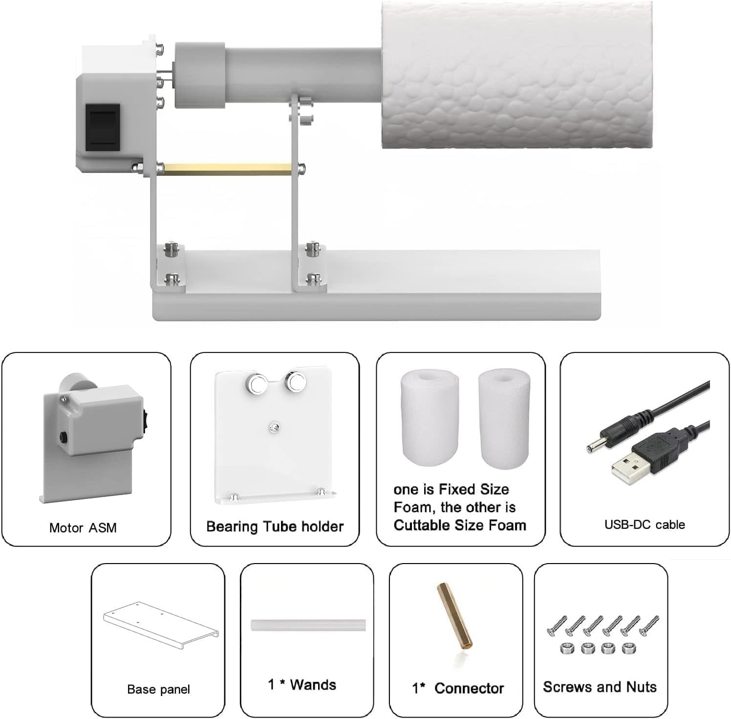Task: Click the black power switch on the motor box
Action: tap(103, 127)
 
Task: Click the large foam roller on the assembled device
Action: tap(516, 74)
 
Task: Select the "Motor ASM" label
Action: tap(83, 528)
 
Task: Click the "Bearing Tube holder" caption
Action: tap(275, 526)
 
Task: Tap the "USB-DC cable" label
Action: tap(645, 524)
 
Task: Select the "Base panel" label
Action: tap(158, 689)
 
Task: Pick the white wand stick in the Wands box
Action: tap(308, 625)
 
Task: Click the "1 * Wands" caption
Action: tap(302, 684)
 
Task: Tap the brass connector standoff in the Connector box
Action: tap(454, 616)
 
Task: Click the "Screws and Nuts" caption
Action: tap(600, 687)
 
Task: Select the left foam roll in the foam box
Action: tap(430, 418)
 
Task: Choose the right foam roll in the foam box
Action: tap(504, 418)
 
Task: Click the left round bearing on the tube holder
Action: tap(256, 382)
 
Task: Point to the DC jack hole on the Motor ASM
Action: tap(64, 436)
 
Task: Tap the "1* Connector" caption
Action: tap(458, 688)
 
